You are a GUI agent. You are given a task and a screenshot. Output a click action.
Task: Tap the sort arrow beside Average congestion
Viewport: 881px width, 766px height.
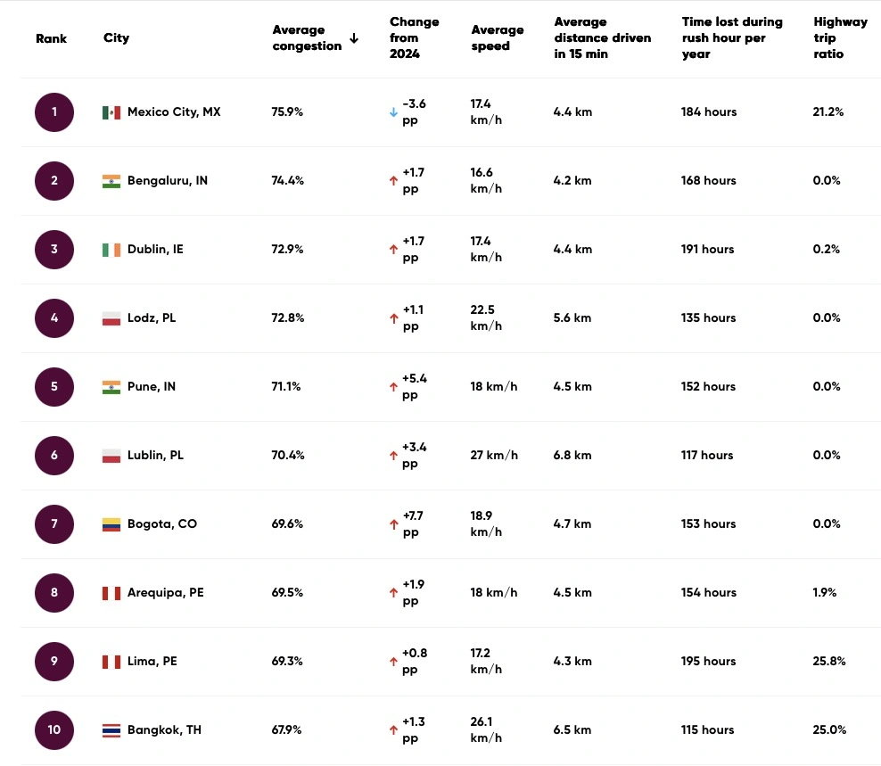point(354,38)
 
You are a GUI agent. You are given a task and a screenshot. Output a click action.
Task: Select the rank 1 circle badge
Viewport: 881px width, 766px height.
point(54,112)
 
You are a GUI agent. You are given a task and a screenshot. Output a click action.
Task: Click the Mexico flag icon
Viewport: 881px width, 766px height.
point(111,112)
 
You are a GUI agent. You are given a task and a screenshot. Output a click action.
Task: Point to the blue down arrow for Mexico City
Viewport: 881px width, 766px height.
point(393,112)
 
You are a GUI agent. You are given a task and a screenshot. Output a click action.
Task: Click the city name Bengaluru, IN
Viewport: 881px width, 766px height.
point(168,181)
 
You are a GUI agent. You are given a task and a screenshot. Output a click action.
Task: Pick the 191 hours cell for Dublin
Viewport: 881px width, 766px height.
point(708,250)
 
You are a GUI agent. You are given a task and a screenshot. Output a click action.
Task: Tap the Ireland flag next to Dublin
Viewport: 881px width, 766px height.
point(111,250)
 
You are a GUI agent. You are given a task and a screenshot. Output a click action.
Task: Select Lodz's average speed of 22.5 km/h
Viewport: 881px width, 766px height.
point(487,318)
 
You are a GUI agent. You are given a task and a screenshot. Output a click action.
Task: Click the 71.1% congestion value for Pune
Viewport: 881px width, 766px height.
point(286,387)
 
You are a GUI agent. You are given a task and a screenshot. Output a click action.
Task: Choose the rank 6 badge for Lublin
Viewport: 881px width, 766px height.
point(54,456)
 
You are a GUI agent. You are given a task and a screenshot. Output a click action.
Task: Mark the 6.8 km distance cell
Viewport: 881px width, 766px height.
point(572,456)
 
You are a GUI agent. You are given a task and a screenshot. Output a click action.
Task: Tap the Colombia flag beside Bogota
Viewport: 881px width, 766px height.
point(111,524)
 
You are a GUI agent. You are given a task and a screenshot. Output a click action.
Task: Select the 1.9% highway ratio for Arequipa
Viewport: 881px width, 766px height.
point(825,593)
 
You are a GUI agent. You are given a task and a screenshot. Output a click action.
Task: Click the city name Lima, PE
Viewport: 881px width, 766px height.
point(152,662)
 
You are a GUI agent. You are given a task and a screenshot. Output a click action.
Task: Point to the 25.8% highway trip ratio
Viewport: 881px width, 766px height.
point(829,662)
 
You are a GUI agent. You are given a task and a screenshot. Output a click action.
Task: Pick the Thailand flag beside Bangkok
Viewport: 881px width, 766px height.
point(111,730)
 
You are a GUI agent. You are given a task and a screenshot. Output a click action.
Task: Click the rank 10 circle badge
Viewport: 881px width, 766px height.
point(54,730)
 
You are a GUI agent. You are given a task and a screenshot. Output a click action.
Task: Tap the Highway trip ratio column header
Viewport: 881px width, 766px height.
point(840,38)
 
